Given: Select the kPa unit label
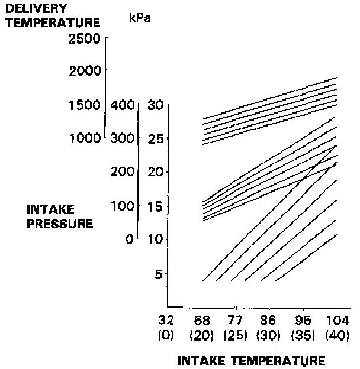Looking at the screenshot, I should tap(140, 18).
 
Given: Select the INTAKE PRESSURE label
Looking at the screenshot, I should tap(60, 216).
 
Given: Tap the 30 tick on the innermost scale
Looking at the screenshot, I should tap(155, 105).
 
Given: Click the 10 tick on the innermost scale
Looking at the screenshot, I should tap(155, 239).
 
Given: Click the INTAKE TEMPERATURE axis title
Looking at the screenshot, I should tap(252, 360).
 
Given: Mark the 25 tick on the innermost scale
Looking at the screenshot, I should tap(155, 139).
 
